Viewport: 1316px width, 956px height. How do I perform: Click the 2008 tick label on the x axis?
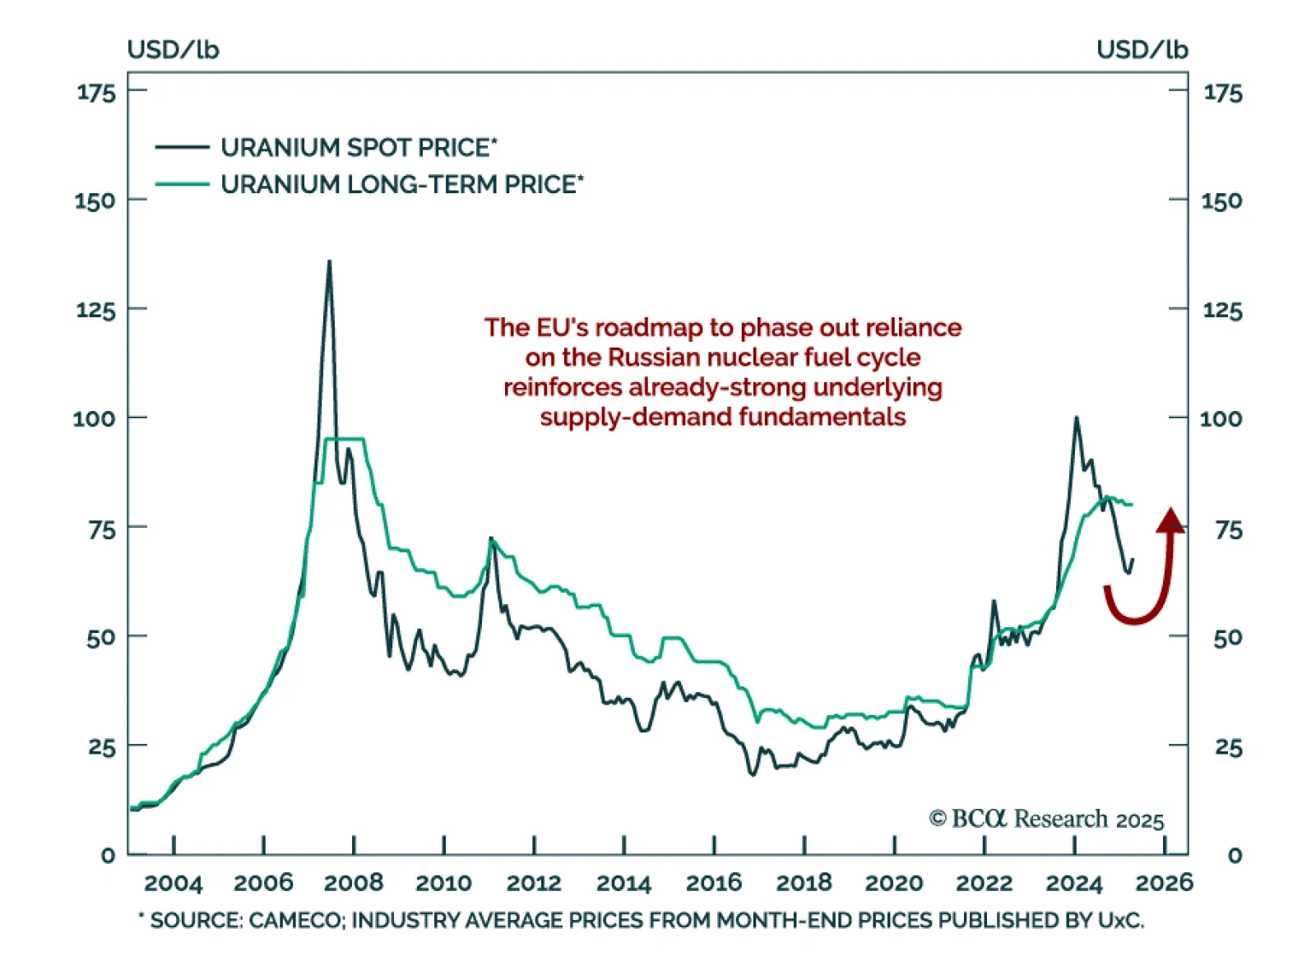coord(354,883)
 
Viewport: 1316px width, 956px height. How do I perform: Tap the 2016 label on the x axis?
coord(714,883)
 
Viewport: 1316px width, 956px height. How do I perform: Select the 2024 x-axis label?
coord(1073,883)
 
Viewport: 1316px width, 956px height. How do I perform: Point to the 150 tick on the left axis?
coord(95,201)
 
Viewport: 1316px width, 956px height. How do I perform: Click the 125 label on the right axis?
coord(1222,311)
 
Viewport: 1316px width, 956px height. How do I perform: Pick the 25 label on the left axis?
coord(101,748)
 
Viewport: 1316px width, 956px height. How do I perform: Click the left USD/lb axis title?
coord(173,50)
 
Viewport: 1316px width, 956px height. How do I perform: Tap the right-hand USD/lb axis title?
coord(1142,50)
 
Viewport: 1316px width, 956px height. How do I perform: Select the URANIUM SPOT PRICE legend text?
coord(359,148)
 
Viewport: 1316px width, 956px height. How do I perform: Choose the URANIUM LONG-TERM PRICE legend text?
coord(401,184)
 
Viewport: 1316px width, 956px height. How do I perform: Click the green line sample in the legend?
coord(182,184)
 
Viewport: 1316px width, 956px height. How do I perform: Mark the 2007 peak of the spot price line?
coord(329,262)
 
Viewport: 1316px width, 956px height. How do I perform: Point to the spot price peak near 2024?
coord(1076,418)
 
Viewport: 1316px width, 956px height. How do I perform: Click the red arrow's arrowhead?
coord(1170,520)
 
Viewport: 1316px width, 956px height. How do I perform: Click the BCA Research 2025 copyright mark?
coord(1046,819)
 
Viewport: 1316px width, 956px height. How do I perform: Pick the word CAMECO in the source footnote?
coord(296,920)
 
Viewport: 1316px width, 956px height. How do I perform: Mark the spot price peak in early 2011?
coord(491,538)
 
